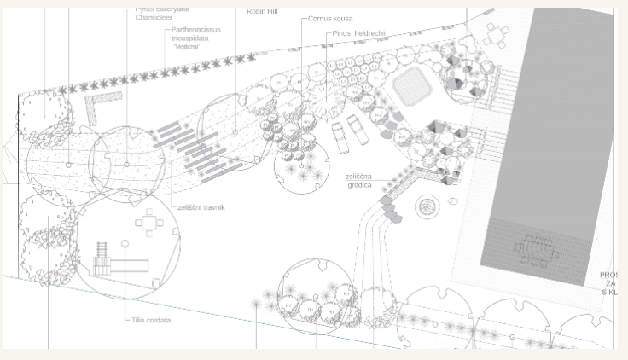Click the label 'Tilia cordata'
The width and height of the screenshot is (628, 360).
coord(151,320)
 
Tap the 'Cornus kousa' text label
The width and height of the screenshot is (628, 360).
coord(332,18)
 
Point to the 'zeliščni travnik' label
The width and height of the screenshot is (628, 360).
coord(202,207)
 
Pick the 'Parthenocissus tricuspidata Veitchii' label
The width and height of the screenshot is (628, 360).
coord(195,38)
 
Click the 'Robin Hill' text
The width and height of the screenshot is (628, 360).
coord(261,11)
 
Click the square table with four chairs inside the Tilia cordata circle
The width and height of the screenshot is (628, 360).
coord(150,224)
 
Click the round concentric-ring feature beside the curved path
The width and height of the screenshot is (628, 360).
coord(425,206)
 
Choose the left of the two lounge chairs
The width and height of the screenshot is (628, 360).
coord(340,136)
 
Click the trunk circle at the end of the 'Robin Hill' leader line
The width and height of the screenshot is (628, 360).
coord(236,132)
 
